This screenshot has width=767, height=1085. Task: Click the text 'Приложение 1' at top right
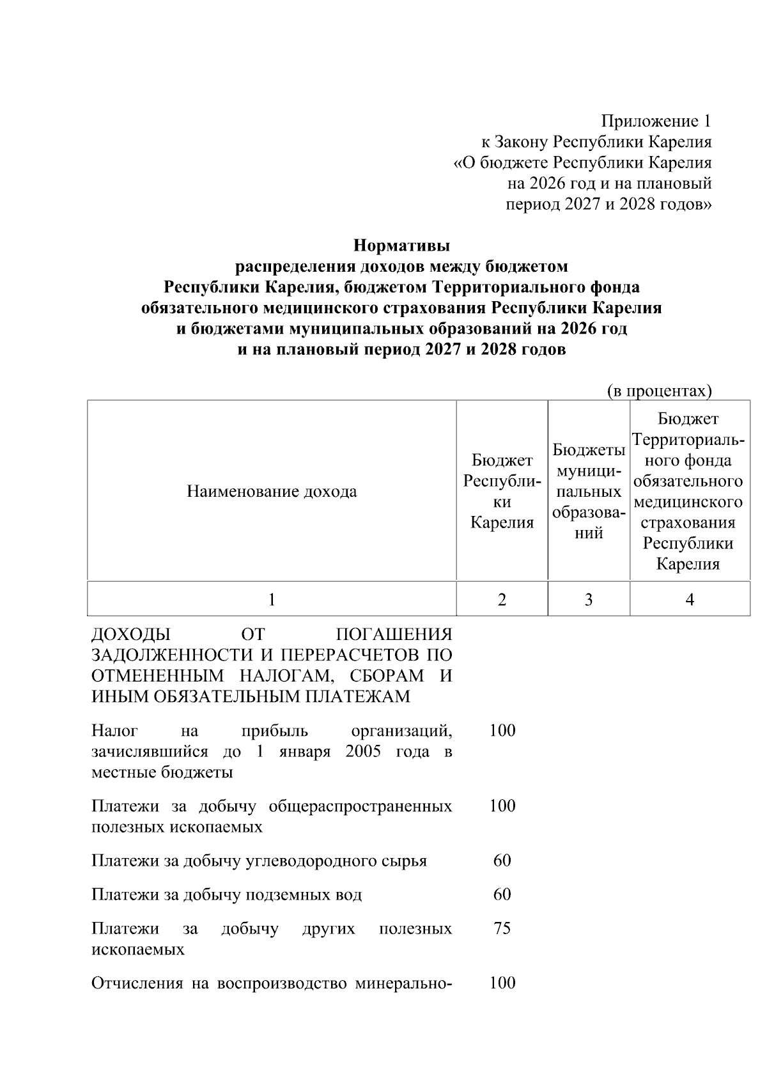(x=655, y=121)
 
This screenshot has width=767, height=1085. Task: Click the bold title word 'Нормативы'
(x=401, y=245)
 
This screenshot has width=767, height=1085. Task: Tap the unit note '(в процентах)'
(x=659, y=391)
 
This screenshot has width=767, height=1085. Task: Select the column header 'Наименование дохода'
(x=272, y=491)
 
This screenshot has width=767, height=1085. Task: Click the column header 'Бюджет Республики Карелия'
(x=502, y=491)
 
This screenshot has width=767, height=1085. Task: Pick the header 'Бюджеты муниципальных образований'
(x=589, y=491)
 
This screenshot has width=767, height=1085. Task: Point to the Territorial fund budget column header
(x=689, y=491)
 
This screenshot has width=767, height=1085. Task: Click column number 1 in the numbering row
(x=272, y=599)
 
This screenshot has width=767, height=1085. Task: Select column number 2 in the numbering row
(x=502, y=599)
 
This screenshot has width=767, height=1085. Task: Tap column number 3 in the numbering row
(x=589, y=599)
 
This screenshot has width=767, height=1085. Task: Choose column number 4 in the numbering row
(x=689, y=599)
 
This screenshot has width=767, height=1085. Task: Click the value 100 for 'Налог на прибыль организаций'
(x=502, y=730)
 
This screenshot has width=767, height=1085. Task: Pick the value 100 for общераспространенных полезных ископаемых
(x=502, y=806)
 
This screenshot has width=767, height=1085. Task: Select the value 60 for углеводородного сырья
(x=502, y=861)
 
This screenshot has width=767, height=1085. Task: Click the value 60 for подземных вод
(x=502, y=894)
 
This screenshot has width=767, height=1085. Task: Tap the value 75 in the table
(x=502, y=928)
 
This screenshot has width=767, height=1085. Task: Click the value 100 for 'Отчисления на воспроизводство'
(x=502, y=983)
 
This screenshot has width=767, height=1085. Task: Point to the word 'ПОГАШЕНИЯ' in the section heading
(x=394, y=634)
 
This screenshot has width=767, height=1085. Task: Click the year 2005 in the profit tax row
(x=362, y=751)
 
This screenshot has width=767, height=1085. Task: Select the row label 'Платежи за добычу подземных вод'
(x=226, y=894)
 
